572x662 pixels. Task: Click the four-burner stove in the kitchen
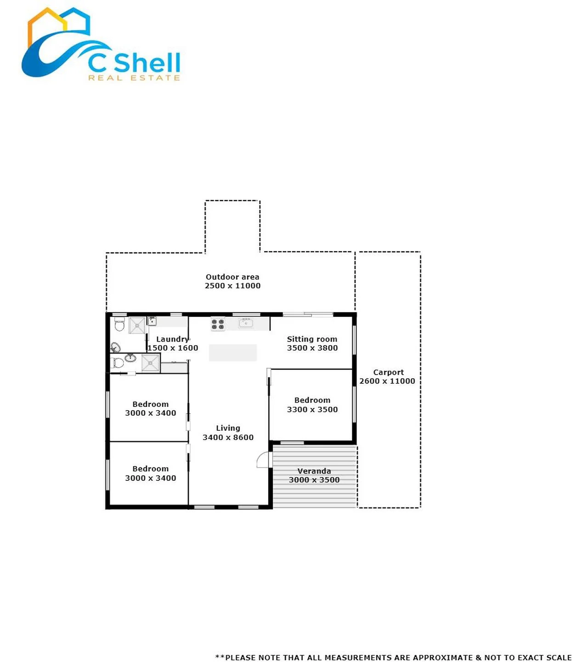click(x=218, y=323)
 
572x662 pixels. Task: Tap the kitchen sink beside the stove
click(x=245, y=323)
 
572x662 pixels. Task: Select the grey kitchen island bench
click(x=232, y=352)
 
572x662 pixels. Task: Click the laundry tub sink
click(x=152, y=320)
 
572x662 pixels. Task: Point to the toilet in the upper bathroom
click(x=119, y=324)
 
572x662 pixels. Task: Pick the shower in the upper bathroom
click(x=137, y=325)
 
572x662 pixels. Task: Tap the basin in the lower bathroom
click(x=130, y=357)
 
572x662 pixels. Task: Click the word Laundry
click(x=172, y=339)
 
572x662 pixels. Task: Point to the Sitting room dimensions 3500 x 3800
click(x=312, y=348)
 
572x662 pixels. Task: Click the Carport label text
click(x=388, y=372)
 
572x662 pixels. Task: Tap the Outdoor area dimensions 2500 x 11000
click(x=232, y=285)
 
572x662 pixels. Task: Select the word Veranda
click(x=314, y=471)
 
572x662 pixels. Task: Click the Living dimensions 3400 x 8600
click(x=227, y=437)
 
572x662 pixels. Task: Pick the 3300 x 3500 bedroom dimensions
click(x=312, y=409)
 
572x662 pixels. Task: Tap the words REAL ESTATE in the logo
click(x=134, y=78)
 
